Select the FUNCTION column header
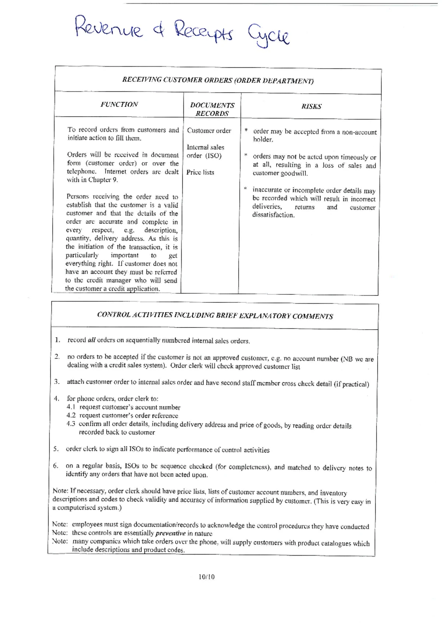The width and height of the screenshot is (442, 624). pyautogui.click(x=119, y=104)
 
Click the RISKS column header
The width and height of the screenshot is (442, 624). pyautogui.click(x=311, y=106)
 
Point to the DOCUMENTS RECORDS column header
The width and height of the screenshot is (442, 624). pyautogui.click(x=212, y=109)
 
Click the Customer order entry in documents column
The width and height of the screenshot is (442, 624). pyautogui.click(x=209, y=131)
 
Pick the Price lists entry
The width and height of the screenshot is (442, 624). pyautogui.click(x=200, y=172)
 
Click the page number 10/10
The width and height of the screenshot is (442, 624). pyautogui.click(x=206, y=577)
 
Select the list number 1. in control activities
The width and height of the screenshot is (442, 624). pyautogui.click(x=57, y=340)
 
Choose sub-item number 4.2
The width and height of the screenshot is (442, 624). pyautogui.click(x=71, y=415)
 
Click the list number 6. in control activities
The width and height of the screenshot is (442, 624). pyautogui.click(x=56, y=466)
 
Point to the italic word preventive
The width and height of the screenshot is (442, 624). pyautogui.click(x=170, y=533)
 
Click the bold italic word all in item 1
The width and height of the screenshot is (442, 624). pyautogui.click(x=91, y=340)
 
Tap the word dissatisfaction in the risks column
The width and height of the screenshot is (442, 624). pyautogui.click(x=273, y=215)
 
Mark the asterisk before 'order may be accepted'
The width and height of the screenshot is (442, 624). pyautogui.click(x=246, y=131)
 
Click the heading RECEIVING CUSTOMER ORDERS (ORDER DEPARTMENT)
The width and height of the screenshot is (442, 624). pyautogui.click(x=218, y=80)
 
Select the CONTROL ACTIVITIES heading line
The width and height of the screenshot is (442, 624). pyautogui.click(x=215, y=316)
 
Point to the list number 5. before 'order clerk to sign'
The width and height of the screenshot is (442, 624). pyautogui.click(x=56, y=449)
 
